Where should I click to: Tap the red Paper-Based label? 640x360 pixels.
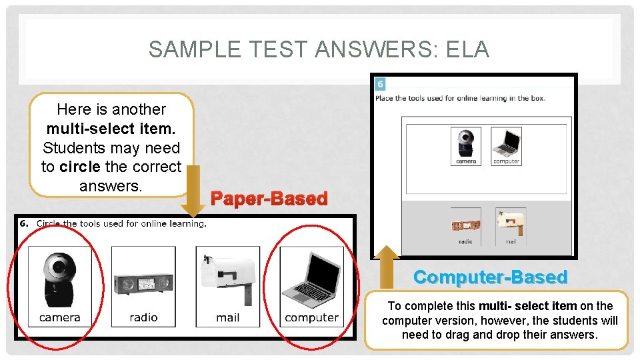click(x=269, y=199)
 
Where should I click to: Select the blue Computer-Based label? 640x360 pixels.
click(x=490, y=277)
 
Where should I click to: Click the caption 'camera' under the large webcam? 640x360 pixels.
click(x=59, y=318)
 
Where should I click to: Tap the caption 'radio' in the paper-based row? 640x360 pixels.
click(x=143, y=318)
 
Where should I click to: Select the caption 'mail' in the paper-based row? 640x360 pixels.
click(x=228, y=318)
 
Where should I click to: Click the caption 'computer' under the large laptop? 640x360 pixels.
click(x=311, y=318)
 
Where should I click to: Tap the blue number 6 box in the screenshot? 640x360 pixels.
click(x=380, y=84)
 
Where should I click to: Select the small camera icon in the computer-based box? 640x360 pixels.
click(x=465, y=145)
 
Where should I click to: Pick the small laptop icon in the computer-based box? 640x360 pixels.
click(x=507, y=145)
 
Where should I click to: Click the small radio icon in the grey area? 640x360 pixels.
click(x=465, y=225)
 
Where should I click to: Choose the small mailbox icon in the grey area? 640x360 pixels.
click(x=510, y=224)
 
